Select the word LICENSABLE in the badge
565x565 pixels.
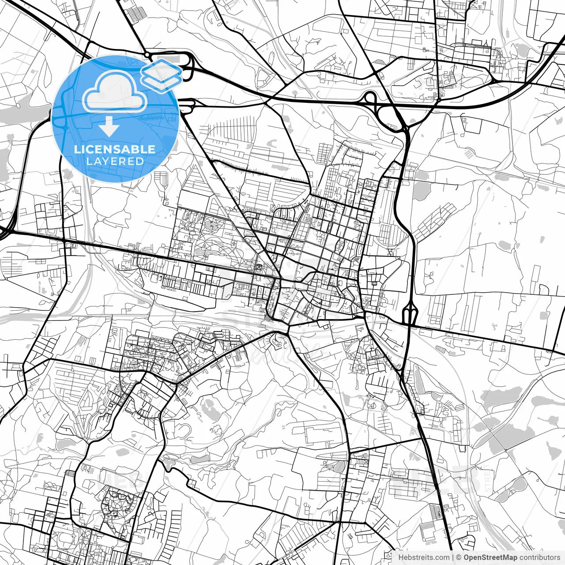(x=115, y=149)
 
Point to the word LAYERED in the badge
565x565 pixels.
(x=115, y=162)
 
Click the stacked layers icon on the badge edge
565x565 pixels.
(x=162, y=74)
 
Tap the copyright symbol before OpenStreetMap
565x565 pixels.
(x=459, y=557)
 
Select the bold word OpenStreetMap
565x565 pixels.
(x=490, y=557)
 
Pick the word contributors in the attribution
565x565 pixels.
(x=539, y=557)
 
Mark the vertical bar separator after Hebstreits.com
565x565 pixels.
(x=453, y=557)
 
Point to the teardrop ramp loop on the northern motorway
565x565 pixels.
(x=370, y=98)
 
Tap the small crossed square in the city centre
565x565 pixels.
(x=259, y=267)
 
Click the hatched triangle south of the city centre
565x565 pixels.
(x=268, y=319)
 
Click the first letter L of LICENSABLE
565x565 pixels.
(x=77, y=149)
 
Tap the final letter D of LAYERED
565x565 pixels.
(x=140, y=162)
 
